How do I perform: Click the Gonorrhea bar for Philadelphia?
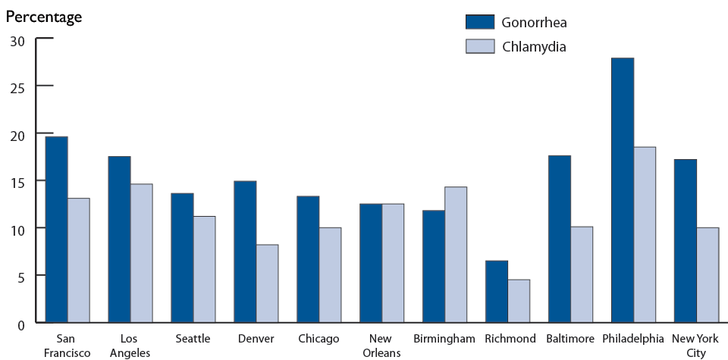pos(623,190)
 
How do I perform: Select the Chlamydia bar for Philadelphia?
pos(645,235)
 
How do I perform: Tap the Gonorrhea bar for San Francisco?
pos(56,230)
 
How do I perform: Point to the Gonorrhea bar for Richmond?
pos(497,292)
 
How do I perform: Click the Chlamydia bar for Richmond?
pos(519,301)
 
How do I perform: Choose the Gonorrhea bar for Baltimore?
pos(560,239)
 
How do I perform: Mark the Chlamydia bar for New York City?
pos(708,275)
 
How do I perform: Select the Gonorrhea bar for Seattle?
pos(182,258)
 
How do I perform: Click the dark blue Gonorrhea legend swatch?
pos(479,21)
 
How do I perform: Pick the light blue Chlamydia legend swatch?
pos(479,46)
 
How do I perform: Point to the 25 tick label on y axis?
pos(17,86)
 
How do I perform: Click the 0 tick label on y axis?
pos(20,323)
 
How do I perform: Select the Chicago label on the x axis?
pos(318,339)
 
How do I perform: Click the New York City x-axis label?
pos(696,345)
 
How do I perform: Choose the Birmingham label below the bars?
pos(444,339)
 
